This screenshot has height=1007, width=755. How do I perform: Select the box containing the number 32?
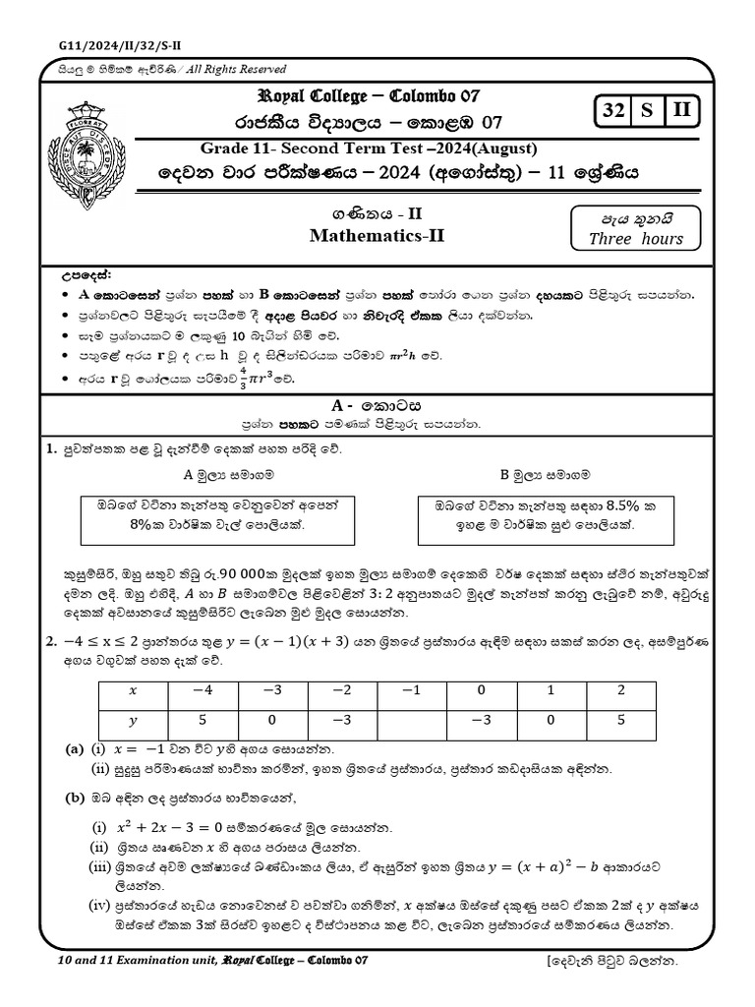(616, 112)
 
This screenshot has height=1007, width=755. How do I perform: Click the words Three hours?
(635, 239)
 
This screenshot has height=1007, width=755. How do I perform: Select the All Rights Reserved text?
(229, 70)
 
